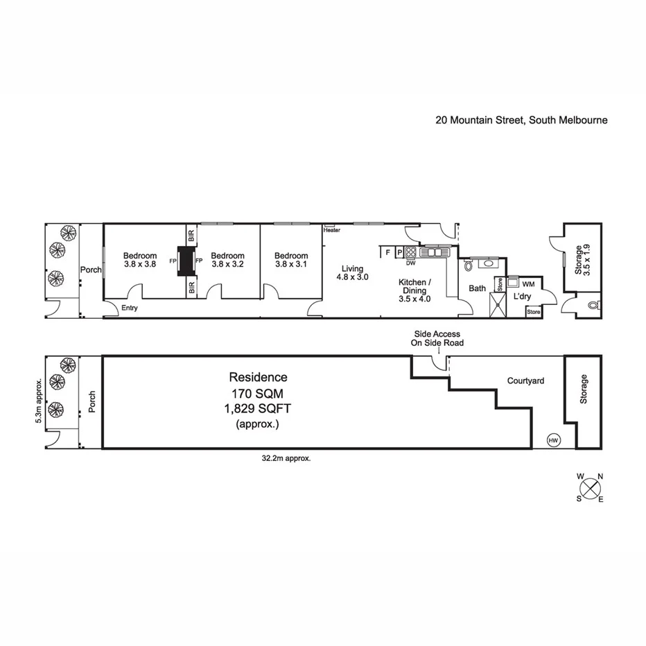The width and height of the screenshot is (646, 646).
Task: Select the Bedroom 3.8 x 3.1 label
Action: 290,260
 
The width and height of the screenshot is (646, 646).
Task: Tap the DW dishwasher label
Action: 410,263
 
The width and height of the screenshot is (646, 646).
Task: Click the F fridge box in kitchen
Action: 387,252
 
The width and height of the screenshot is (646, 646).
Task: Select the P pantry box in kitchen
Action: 399,252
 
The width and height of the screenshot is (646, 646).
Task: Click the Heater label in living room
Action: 331,230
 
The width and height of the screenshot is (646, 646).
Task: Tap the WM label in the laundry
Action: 528,284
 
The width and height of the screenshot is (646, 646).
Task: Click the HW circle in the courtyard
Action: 553,440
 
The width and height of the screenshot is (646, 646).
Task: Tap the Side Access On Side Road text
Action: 438,338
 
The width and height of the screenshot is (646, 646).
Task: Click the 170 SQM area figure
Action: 258,392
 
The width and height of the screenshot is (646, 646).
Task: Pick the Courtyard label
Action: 525,381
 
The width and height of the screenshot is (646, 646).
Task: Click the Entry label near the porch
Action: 128,308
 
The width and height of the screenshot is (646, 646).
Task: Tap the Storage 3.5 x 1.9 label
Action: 582,260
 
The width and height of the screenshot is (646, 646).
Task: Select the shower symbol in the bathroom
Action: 498,304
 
